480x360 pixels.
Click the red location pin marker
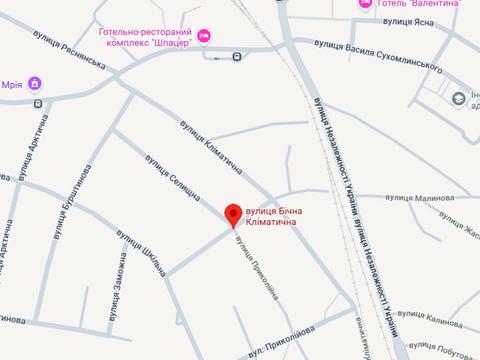[x=233, y=213]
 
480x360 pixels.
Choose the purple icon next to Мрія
[x=35, y=82]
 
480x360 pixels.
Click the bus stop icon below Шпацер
[x=237, y=57]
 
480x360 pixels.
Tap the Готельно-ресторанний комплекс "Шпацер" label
[x=146, y=40]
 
